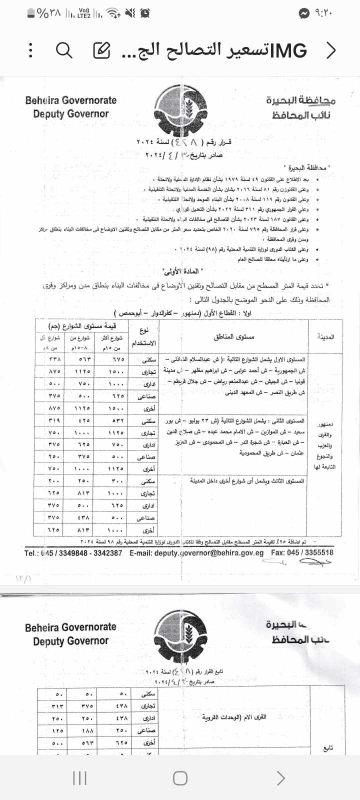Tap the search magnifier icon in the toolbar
(64, 50)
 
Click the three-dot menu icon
(31, 50)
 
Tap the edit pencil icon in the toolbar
(101, 50)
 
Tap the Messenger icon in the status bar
(304, 13)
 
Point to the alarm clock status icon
(145, 13)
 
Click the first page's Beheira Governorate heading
(70, 100)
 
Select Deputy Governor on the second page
(70, 641)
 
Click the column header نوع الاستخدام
(144, 336)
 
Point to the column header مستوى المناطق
(233, 336)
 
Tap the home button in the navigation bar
(180, 778)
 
